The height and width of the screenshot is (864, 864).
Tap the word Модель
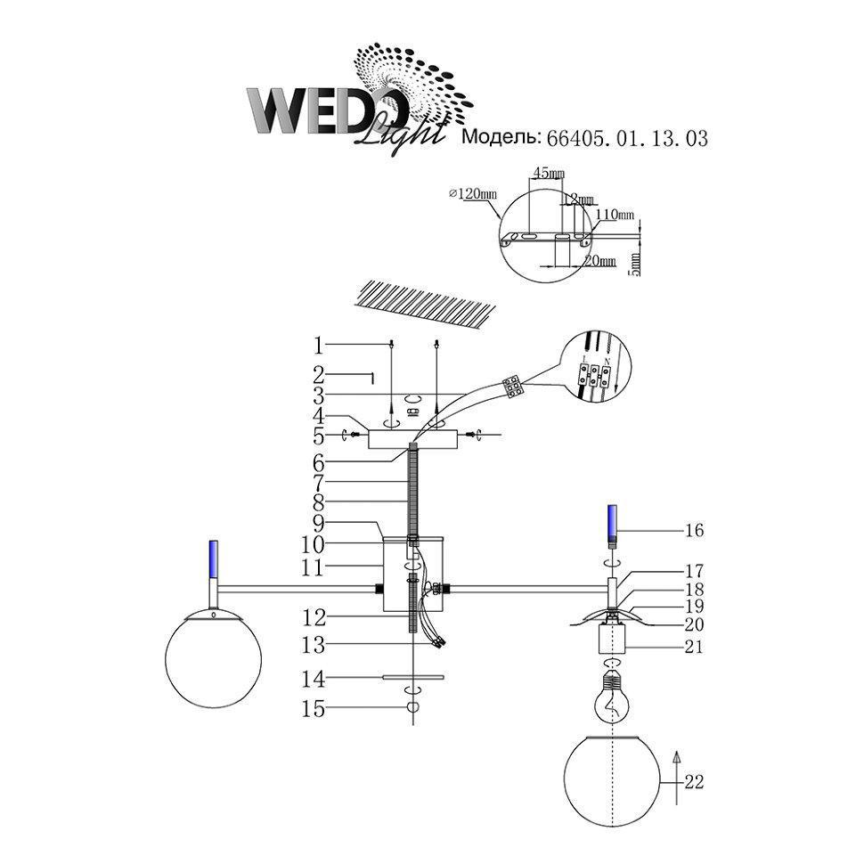(x=500, y=138)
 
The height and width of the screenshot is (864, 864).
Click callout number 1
(x=319, y=344)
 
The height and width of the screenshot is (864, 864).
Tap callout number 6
(x=319, y=462)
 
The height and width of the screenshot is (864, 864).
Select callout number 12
(x=319, y=615)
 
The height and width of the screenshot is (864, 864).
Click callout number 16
(x=695, y=531)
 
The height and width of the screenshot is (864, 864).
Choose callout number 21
(x=695, y=647)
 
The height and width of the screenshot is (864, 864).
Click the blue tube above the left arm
(x=214, y=557)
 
